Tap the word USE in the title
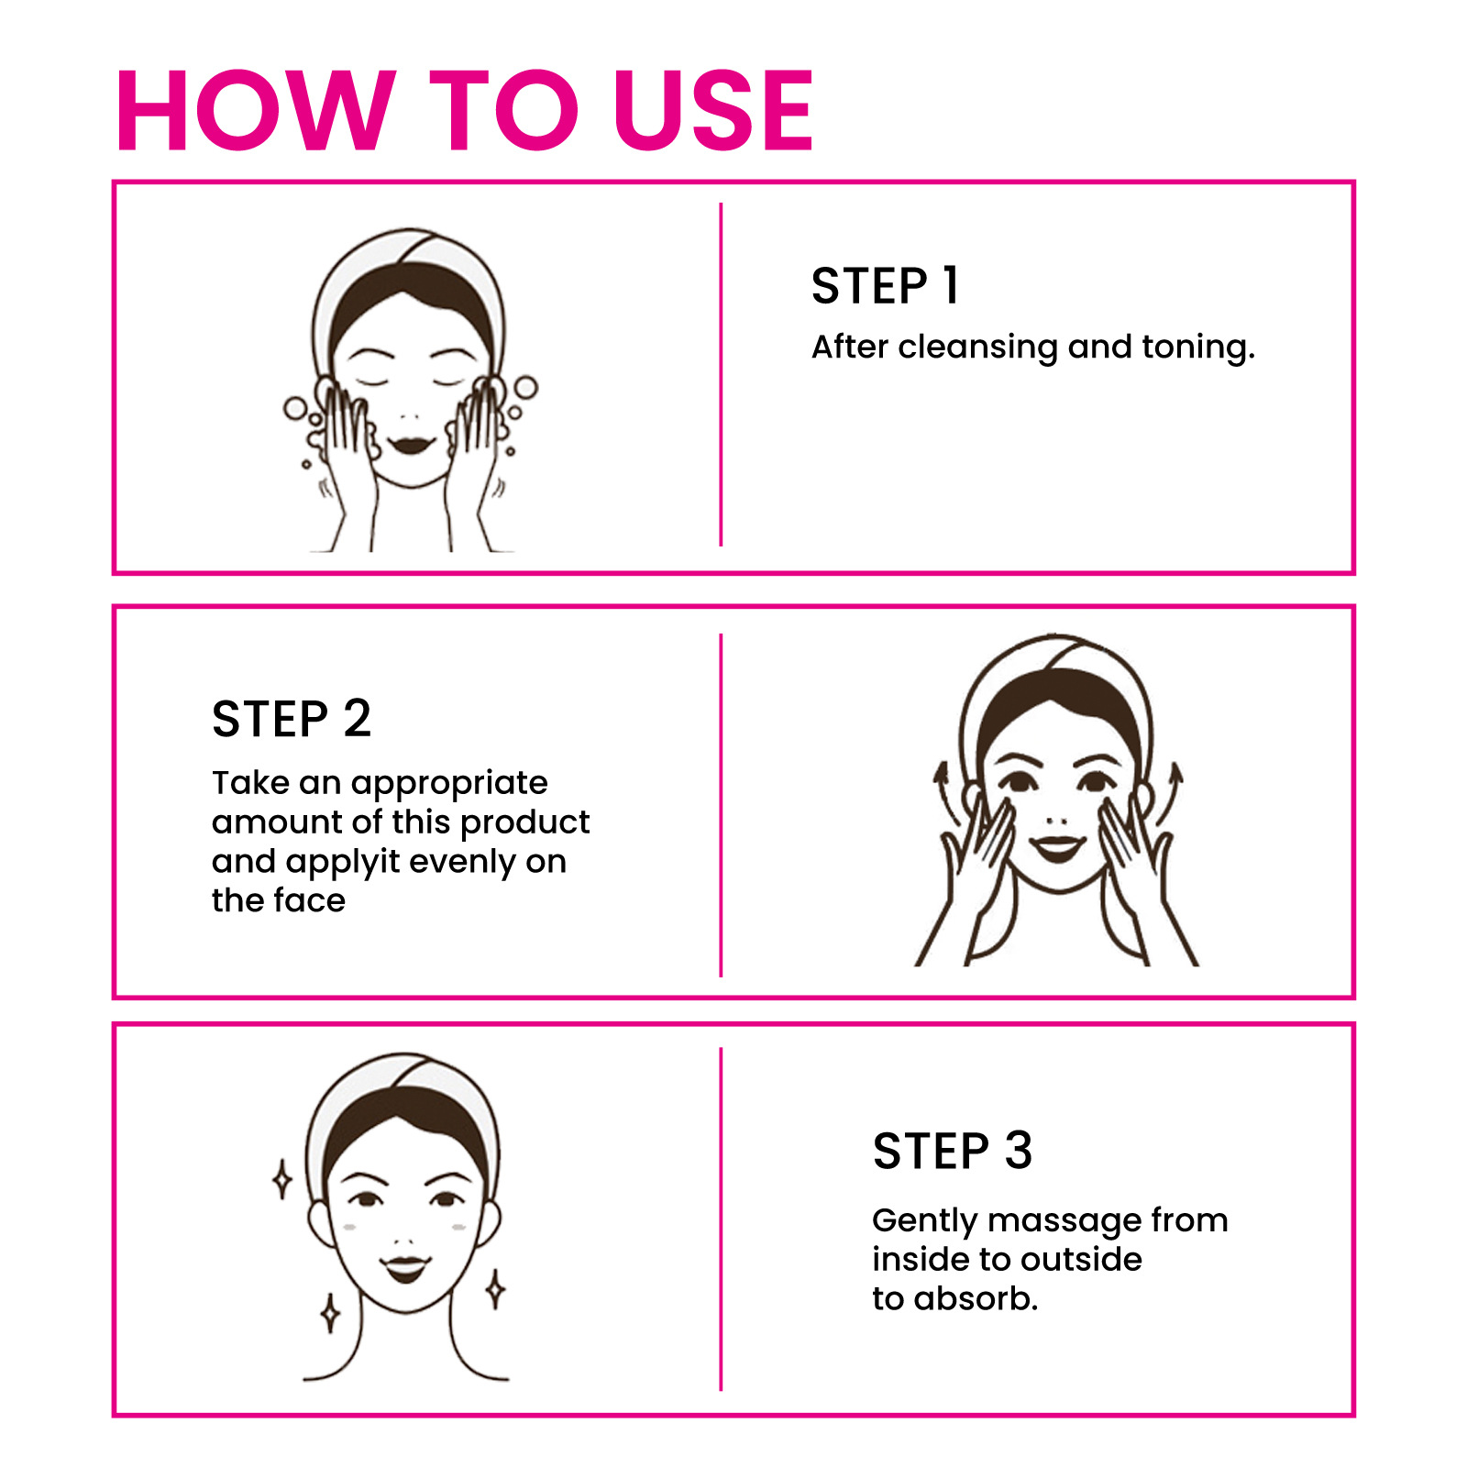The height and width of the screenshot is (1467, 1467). [x=713, y=110]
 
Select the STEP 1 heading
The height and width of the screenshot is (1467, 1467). [x=885, y=285]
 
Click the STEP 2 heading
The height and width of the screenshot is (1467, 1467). [x=292, y=718]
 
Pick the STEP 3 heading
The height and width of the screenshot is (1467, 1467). [x=953, y=1151]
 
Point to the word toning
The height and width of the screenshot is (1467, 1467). [x=1197, y=348]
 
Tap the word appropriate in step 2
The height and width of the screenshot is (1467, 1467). [x=449, y=784]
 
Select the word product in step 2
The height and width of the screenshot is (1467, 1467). [x=524, y=823]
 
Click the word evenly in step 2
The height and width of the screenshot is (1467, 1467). [x=462, y=863]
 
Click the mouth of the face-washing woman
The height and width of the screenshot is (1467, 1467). [x=410, y=445]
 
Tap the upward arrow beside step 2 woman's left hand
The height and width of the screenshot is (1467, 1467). [x=1170, y=793]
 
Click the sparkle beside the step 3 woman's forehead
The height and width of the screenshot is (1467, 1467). [x=282, y=1179]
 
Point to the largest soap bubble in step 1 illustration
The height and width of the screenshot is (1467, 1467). [x=525, y=387]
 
